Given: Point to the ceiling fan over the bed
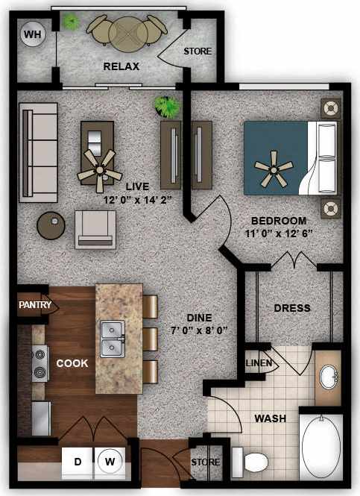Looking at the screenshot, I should [274, 172].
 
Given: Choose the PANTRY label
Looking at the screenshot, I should [35, 304].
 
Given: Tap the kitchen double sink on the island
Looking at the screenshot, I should [113, 338].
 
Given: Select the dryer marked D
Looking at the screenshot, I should [78, 462].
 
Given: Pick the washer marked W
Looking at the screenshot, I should [110, 462].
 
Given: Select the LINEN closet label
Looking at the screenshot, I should [259, 363].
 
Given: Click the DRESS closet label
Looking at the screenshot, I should [292, 308].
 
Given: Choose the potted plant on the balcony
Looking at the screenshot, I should [70, 21].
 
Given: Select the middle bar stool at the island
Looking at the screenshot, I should [149, 338].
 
